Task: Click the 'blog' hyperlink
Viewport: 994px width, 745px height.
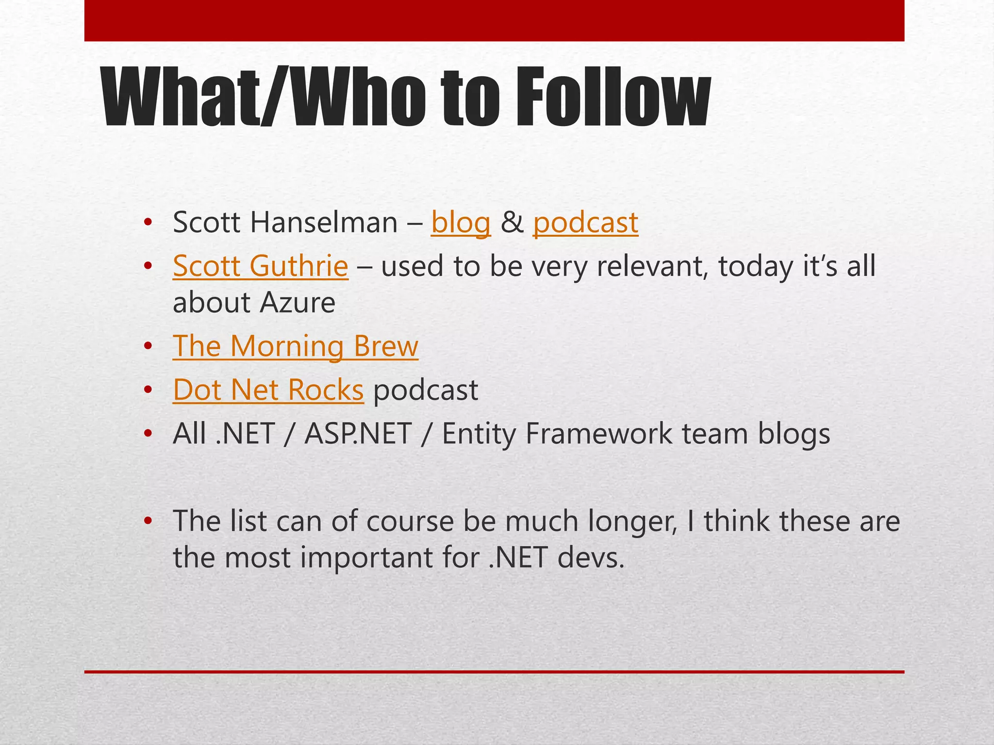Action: tap(461, 224)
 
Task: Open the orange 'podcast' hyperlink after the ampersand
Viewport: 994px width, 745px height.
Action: tap(585, 224)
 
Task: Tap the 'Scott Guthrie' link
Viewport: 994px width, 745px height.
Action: tap(260, 266)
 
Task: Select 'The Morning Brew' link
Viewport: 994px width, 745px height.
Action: tap(295, 346)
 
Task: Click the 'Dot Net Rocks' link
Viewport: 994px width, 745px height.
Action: tap(268, 390)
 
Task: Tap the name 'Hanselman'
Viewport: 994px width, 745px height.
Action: tap(324, 223)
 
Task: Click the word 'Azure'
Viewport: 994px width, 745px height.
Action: tap(297, 303)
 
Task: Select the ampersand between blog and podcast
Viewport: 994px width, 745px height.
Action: tap(512, 223)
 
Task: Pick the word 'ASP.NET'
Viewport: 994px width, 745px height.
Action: tap(358, 434)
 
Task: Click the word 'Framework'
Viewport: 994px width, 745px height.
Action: tap(598, 434)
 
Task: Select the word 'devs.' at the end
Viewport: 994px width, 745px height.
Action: tap(591, 558)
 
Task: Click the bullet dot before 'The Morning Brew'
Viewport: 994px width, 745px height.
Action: tap(148, 346)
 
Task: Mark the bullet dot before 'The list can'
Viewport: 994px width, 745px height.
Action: tap(148, 521)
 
